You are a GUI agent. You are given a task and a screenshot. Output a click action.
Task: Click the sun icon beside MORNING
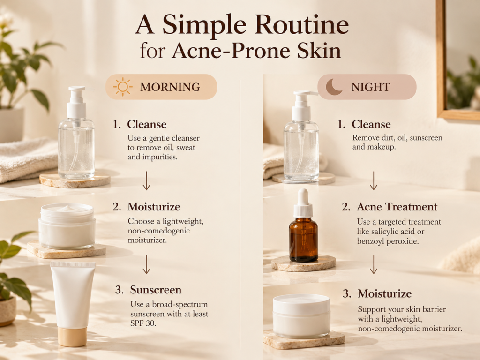(x=123, y=87)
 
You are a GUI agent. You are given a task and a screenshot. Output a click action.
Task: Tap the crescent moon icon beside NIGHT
(x=334, y=87)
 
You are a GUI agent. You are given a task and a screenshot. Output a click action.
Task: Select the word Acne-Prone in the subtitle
(x=230, y=51)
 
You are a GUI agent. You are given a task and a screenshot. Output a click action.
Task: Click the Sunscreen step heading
(x=156, y=290)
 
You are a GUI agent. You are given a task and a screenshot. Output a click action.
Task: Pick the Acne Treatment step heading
(x=397, y=207)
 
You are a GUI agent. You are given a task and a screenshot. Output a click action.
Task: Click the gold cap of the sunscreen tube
(x=73, y=337)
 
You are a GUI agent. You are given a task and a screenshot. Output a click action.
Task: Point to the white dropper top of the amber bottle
(x=303, y=202)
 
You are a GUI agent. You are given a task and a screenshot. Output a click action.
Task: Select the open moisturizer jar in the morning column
(x=67, y=226)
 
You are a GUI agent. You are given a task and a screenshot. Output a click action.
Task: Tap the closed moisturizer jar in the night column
(x=301, y=316)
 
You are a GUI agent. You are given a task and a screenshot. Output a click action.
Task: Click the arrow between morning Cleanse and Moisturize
(x=147, y=181)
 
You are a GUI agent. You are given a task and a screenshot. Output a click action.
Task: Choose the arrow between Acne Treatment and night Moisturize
(x=374, y=264)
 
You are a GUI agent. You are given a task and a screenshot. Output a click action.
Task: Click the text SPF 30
(x=143, y=323)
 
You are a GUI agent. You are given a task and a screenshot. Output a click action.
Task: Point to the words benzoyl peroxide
(x=388, y=241)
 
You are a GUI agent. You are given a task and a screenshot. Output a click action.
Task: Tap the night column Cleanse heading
(x=371, y=124)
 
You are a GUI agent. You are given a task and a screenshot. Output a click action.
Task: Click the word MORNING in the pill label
(x=170, y=87)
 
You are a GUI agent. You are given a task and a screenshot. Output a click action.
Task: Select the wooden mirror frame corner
(x=442, y=114)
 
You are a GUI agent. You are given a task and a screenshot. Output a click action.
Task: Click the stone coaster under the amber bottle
(x=303, y=263)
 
